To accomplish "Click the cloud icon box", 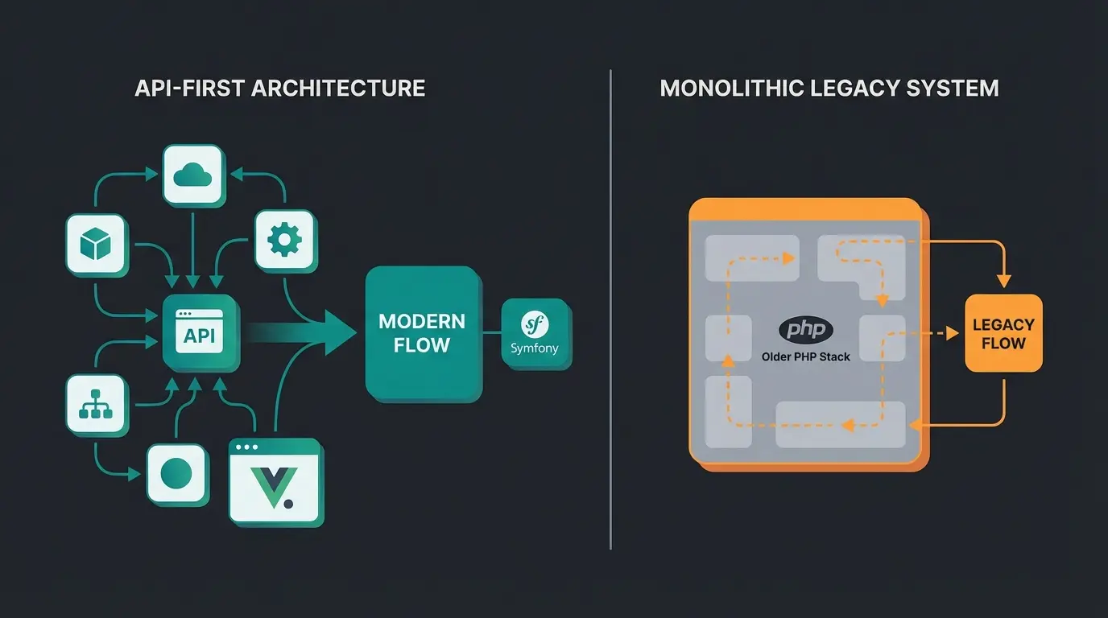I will pyautogui.click(x=192, y=175).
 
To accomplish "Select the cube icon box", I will pyautogui.click(x=96, y=244).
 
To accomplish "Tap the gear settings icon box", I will pyautogui.click(x=283, y=240).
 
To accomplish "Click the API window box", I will pyautogui.click(x=200, y=331).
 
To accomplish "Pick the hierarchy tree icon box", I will pyautogui.click(x=96, y=405).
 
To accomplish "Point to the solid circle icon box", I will pyautogui.click(x=176, y=474).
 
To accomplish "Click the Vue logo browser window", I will pyautogui.click(x=275, y=481).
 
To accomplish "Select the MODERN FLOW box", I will pyautogui.click(x=421, y=333).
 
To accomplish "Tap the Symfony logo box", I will pyautogui.click(x=535, y=333).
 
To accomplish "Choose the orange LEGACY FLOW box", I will pyautogui.click(x=1003, y=333).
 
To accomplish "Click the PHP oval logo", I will pyautogui.click(x=805, y=331).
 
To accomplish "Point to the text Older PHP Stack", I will pyautogui.click(x=805, y=356).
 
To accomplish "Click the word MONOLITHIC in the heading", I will pyautogui.click(x=731, y=88).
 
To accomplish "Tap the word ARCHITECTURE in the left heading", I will pyautogui.click(x=338, y=88).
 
